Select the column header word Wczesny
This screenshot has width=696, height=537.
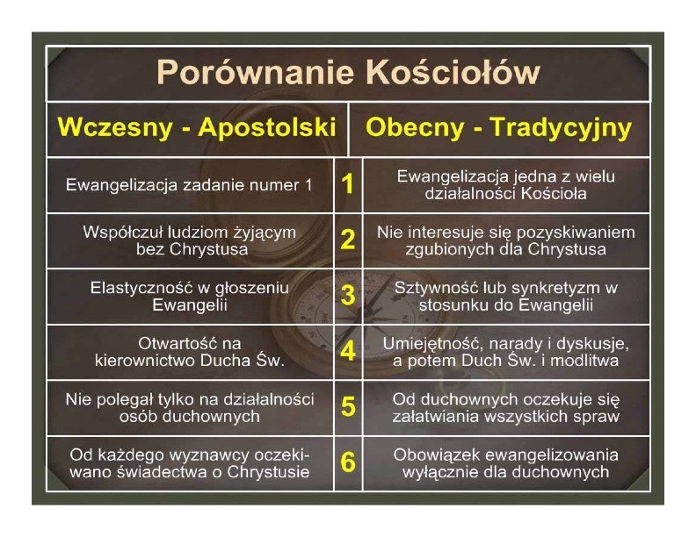pyautogui.click(x=114, y=128)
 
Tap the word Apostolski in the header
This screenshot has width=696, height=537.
pyautogui.click(x=267, y=128)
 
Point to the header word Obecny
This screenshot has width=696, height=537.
pyautogui.click(x=415, y=128)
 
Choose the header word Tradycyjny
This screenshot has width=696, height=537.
pyautogui.click(x=561, y=128)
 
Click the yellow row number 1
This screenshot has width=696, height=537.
pyautogui.click(x=347, y=184)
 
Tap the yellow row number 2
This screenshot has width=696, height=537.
pyautogui.click(x=347, y=240)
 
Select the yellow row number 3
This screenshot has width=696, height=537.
pyautogui.click(x=347, y=296)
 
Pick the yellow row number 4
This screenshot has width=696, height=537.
pyautogui.click(x=347, y=351)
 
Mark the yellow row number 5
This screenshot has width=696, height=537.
pyautogui.click(x=347, y=407)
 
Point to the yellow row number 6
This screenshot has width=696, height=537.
pyautogui.click(x=347, y=462)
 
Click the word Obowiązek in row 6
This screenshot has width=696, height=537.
pyautogui.click(x=430, y=456)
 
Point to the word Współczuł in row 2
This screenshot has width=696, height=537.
pyautogui.click(x=122, y=233)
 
